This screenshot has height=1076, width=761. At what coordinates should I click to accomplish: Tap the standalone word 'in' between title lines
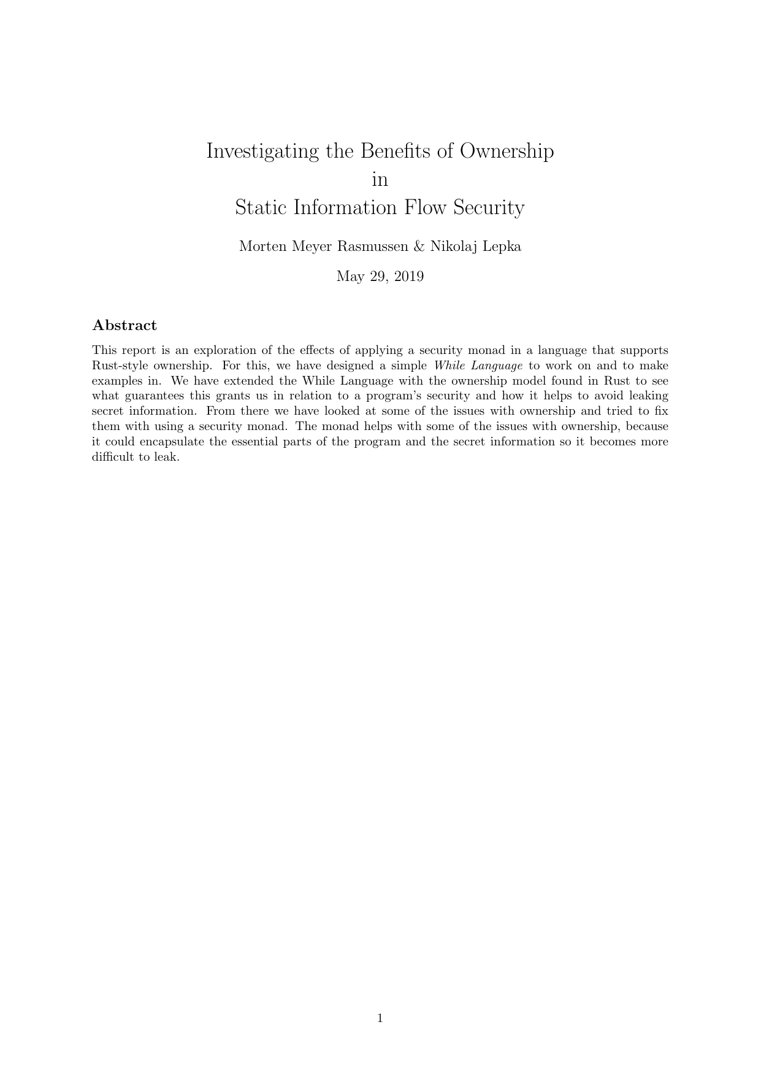coord(380,180)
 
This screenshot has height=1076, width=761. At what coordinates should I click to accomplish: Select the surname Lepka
coord(502,247)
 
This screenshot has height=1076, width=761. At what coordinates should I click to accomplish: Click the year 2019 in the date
coord(408,277)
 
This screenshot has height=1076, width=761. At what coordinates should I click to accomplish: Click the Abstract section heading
coord(124,326)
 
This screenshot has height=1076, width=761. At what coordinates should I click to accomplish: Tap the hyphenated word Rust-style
coord(120,366)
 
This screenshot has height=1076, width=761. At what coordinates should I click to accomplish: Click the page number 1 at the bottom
coord(380,1019)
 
